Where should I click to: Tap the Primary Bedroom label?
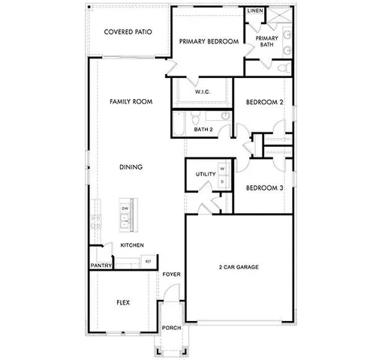[208, 41]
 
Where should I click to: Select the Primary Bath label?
[266, 41]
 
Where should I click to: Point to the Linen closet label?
[255, 11]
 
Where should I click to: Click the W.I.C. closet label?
[202, 91]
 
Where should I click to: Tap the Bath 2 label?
[203, 130]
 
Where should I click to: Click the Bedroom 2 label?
[265, 102]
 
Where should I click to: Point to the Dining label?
[131, 166]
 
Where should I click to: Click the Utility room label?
[205, 175]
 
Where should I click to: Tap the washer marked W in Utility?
[223, 169]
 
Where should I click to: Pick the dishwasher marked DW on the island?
[125, 208]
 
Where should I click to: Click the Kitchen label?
[132, 245]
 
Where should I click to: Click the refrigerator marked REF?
[147, 260]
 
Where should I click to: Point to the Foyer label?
[172, 274]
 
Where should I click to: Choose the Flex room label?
[123, 303]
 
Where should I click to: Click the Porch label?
[171, 328]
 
